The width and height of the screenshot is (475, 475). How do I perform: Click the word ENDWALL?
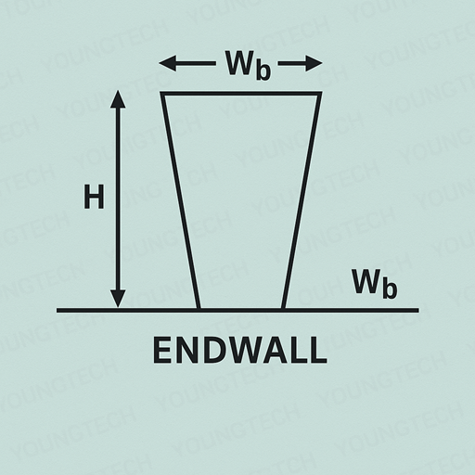tap(240, 350)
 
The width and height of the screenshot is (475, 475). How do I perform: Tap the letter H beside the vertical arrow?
tap(94, 197)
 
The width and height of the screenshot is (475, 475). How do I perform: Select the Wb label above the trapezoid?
tap(248, 65)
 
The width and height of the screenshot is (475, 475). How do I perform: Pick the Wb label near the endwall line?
tap(374, 284)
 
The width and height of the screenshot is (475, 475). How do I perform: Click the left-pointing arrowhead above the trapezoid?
tap(168, 63)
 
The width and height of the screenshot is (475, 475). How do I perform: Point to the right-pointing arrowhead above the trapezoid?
tap(314, 63)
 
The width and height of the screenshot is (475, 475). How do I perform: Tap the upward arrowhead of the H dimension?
tap(118, 99)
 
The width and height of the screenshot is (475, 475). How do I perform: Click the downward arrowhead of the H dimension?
tap(118, 299)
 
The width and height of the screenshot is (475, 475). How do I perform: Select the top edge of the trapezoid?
tap(241, 94)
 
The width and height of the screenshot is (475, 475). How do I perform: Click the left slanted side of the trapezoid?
tap(180, 201)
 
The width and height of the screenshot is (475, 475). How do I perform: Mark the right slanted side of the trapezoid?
tap(302, 201)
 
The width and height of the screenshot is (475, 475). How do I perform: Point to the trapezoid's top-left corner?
tap(161, 93)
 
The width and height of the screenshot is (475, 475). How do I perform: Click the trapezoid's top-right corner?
tap(320, 93)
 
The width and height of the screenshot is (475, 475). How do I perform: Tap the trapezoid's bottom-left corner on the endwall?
tap(199, 310)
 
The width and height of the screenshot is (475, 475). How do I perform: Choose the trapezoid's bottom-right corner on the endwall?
tap(283, 310)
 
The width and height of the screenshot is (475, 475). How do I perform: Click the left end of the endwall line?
tap(57, 310)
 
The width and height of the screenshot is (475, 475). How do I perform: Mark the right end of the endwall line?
tap(419, 310)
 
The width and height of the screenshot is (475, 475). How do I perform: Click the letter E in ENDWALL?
tap(162, 350)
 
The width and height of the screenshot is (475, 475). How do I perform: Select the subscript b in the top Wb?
tap(263, 71)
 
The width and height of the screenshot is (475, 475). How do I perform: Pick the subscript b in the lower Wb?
tap(390, 289)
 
